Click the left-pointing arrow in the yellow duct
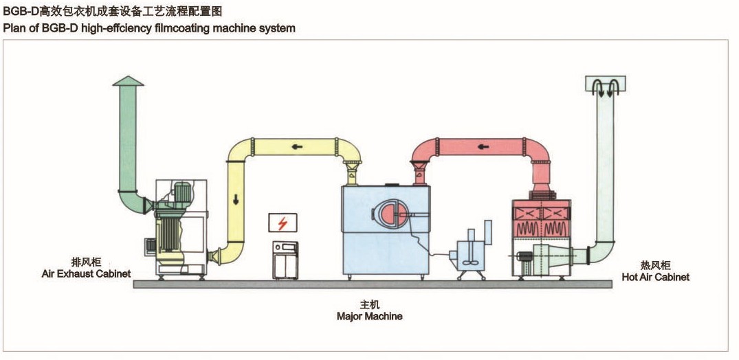[x=298, y=146]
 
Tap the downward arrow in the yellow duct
[x=236, y=200]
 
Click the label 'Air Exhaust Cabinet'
[x=87, y=273]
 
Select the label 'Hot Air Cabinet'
[x=656, y=277]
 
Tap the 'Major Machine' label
[x=369, y=317]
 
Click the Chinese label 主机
[x=369, y=304]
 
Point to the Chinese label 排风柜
[x=87, y=262]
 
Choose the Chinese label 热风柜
[x=656, y=265]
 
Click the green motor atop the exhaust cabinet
[x=184, y=191]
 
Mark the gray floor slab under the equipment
[x=371, y=284]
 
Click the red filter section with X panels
[x=543, y=214]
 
